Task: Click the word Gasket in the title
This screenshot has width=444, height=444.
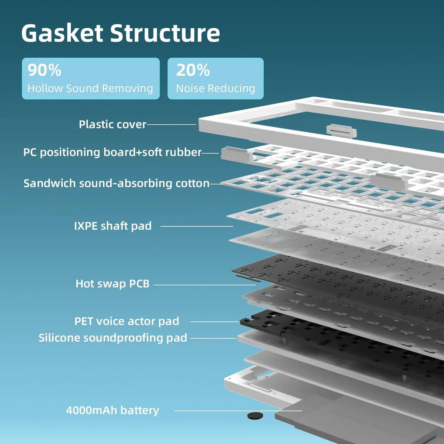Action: tap(62, 33)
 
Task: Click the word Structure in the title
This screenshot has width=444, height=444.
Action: tap(165, 33)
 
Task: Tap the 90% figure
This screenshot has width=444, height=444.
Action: tap(45, 70)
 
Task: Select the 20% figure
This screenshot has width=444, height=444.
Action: tap(193, 70)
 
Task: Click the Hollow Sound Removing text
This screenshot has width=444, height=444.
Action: tap(90, 88)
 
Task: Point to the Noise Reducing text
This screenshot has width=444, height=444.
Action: tap(215, 88)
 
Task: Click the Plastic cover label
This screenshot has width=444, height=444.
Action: tap(112, 124)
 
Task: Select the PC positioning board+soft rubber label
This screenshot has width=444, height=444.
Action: tap(112, 152)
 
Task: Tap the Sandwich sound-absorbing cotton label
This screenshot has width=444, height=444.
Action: tap(116, 183)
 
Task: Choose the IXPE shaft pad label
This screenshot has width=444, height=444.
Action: tap(113, 226)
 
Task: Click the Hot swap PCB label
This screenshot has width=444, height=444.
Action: tap(112, 284)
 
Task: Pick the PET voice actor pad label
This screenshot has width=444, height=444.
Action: tap(127, 321)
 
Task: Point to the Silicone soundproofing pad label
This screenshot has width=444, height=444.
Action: tap(113, 338)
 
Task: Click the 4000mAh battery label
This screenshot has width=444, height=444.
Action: tap(112, 410)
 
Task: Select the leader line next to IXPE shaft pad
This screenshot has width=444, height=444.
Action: tap(197, 226)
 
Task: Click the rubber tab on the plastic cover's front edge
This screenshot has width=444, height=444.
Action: tap(341, 131)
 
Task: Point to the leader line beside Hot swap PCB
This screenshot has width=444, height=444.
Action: tap(204, 285)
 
